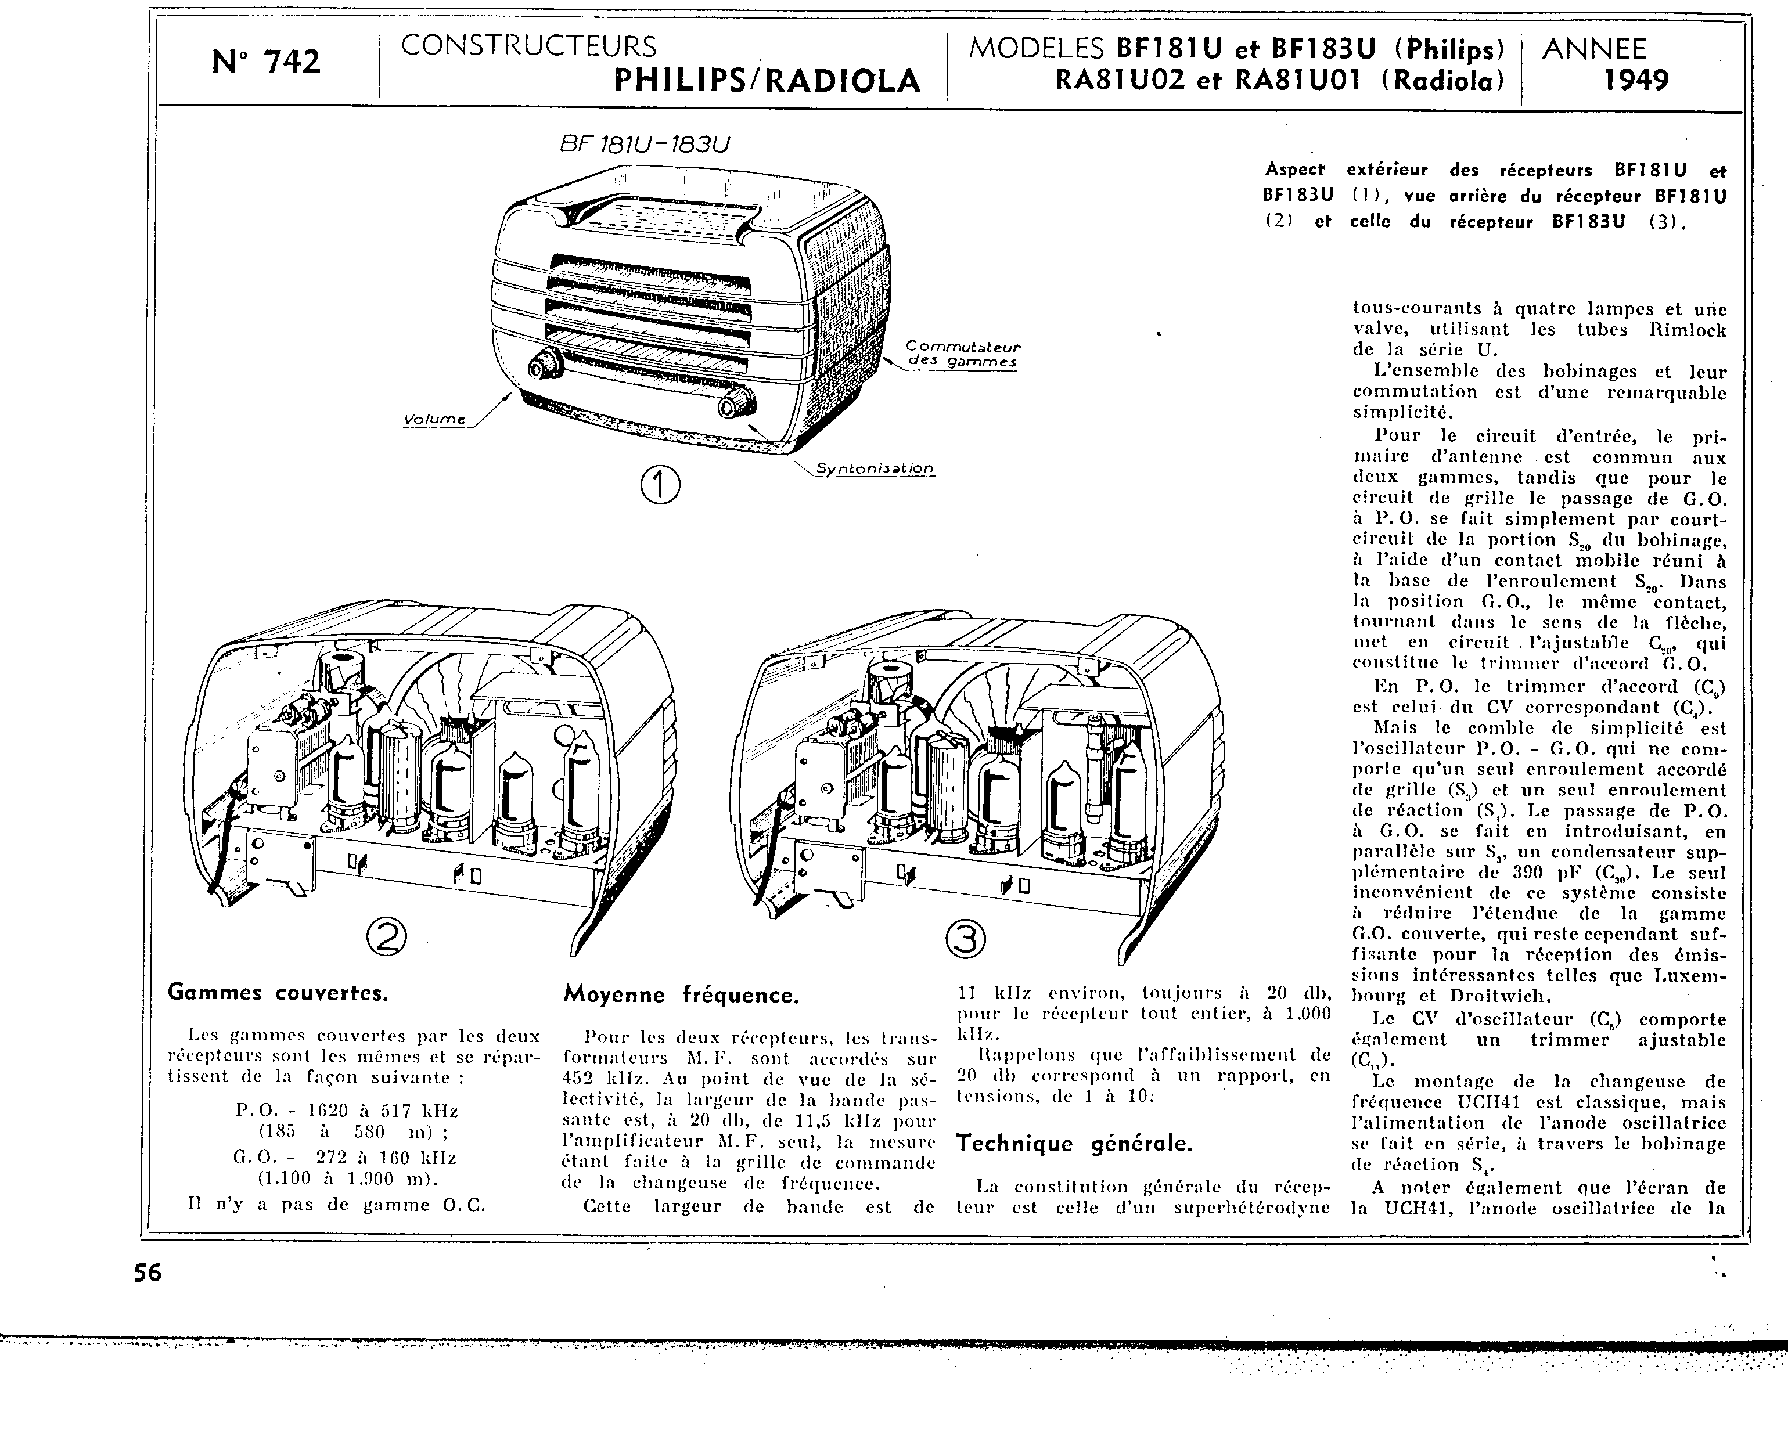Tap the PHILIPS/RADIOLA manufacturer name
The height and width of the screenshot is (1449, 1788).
tap(767, 81)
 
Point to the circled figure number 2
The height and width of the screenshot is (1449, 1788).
tap(387, 940)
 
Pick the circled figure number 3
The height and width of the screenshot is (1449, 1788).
tap(965, 940)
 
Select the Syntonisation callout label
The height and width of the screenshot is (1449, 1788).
tap(874, 468)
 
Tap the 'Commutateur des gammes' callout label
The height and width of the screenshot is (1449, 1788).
tap(963, 354)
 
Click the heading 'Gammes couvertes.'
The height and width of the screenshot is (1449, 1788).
tap(278, 993)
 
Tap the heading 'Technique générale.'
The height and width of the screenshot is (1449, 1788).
tap(1074, 1142)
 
